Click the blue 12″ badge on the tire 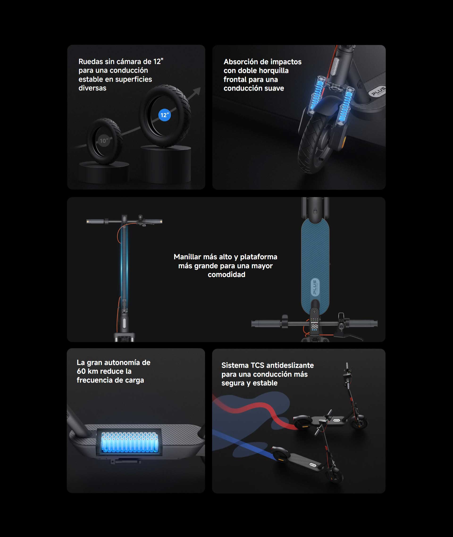tap(164, 115)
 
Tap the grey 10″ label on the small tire tap(104, 140)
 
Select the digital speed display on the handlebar tap(315, 326)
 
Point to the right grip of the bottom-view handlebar tap(363, 323)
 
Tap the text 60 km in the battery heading tap(89, 371)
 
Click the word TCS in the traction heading tap(257, 365)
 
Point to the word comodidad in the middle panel tap(226, 275)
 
